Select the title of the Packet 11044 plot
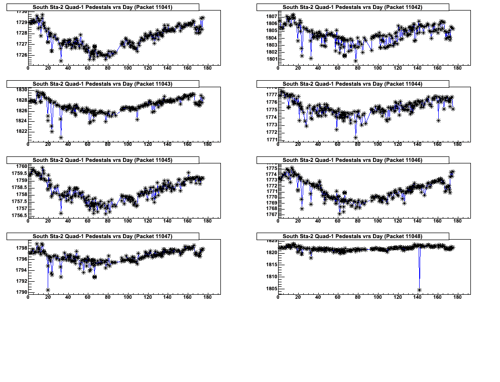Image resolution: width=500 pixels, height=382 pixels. click(352, 84)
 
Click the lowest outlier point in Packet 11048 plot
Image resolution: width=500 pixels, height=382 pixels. click(419, 290)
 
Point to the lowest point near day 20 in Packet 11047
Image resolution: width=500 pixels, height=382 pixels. click(48, 290)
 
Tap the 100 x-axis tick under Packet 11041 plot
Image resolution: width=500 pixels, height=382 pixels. click(128, 68)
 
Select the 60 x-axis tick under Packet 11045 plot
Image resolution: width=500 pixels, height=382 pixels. click(87, 221)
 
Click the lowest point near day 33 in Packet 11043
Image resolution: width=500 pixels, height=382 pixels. click(61, 137)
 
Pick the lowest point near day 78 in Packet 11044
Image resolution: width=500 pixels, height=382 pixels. click(355, 137)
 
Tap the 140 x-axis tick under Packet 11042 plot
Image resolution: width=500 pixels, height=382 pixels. click(417, 68)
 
